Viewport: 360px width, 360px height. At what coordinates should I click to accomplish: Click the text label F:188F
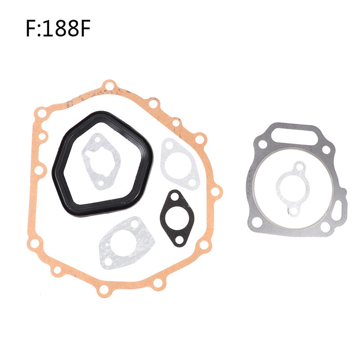tap(58, 28)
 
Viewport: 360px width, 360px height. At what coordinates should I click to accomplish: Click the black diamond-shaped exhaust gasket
tap(177, 218)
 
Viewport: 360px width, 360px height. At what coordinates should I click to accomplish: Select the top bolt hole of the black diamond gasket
tap(175, 197)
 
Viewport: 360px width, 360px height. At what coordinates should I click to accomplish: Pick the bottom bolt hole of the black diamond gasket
tap(179, 240)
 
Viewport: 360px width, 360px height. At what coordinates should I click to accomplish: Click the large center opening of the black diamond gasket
tap(177, 218)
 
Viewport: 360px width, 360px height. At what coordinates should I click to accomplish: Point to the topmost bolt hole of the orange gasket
tap(109, 86)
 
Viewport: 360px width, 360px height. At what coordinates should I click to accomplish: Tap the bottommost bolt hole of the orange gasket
tap(104, 289)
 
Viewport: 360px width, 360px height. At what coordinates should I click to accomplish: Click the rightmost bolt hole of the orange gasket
tap(215, 191)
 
